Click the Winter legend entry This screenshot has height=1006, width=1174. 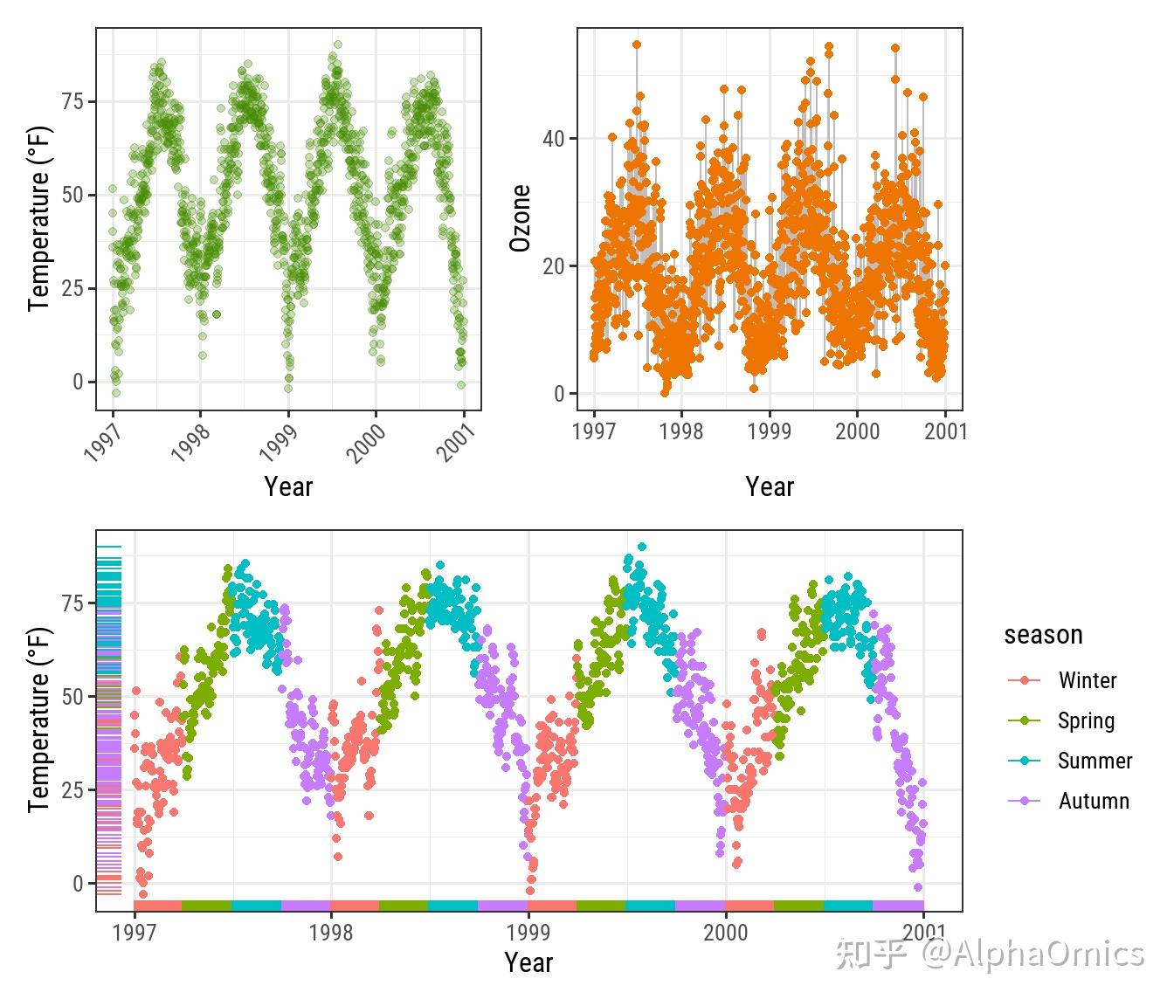(1086, 680)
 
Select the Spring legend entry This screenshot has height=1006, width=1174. (1085, 720)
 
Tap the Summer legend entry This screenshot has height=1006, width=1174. (1094, 761)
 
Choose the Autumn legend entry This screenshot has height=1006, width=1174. (1093, 801)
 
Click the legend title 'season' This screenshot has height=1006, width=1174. (1043, 635)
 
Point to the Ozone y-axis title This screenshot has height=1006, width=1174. (521, 218)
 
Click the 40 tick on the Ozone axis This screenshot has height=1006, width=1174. (554, 139)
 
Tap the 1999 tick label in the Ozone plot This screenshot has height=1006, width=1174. (769, 431)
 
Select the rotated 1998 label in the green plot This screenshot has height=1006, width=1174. (190, 444)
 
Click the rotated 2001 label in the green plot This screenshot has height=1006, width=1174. (455, 443)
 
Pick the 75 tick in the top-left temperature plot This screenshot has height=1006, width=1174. (73, 102)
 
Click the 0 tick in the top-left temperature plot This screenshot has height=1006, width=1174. (79, 382)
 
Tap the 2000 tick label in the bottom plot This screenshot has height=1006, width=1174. (726, 933)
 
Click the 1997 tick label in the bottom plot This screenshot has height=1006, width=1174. (135, 933)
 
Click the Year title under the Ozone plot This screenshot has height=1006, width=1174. (770, 486)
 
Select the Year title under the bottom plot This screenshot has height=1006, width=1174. (528, 962)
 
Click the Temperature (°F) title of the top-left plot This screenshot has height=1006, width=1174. (39, 218)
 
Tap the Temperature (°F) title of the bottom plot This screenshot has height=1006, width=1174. (39, 720)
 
